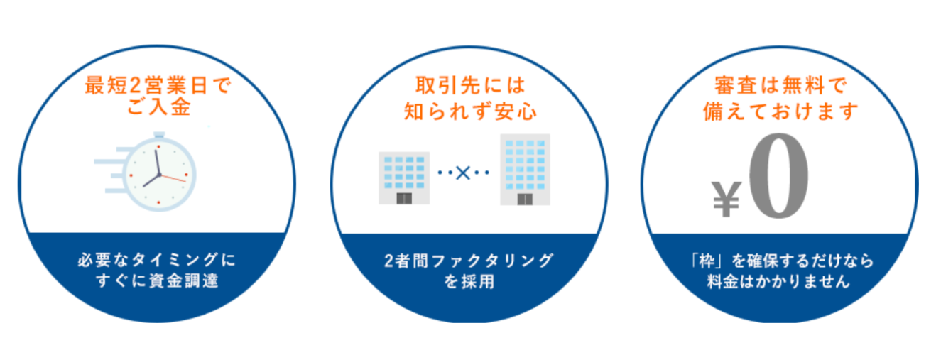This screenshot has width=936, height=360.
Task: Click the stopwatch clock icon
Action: pyautogui.click(x=158, y=172)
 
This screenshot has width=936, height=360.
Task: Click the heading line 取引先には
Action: pyautogui.click(x=469, y=87)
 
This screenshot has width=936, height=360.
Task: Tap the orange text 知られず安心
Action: pyautogui.click(x=469, y=111)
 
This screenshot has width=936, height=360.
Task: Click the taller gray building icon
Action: pyautogui.click(x=526, y=170)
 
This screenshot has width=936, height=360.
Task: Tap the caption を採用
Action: pyautogui.click(x=469, y=280)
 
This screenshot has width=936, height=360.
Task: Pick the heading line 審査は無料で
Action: pyautogui.click(x=780, y=87)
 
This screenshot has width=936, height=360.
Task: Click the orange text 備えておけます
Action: pyautogui.click(x=780, y=111)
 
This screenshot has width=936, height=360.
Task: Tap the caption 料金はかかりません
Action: pyautogui.click(x=780, y=280)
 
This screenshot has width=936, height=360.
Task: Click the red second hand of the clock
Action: pyautogui.click(x=175, y=178)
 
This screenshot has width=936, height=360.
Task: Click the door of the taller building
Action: pyautogui.click(x=526, y=199)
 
